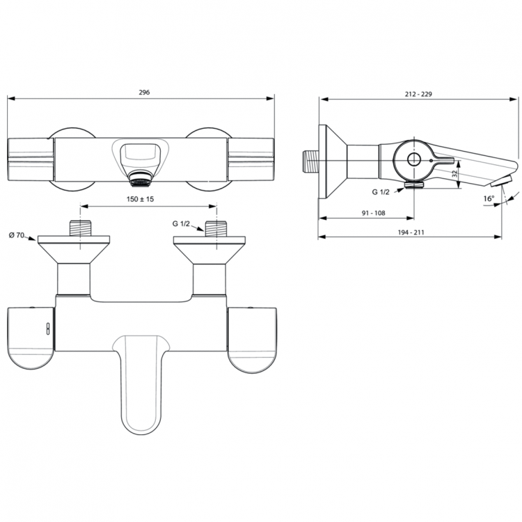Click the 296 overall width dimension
(144, 93)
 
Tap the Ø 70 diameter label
(17, 236)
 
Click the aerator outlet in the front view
(142, 182)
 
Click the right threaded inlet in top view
(216, 228)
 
